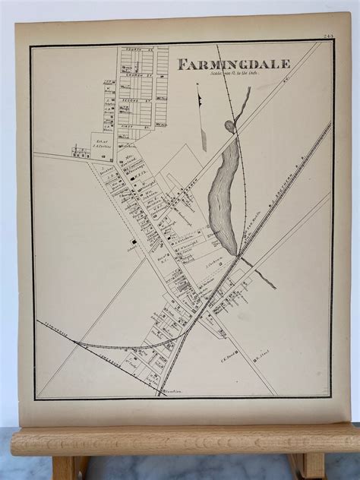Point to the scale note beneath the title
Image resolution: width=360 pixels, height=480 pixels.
224,73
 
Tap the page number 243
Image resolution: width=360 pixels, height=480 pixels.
328,36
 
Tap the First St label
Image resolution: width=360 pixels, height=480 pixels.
137,109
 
